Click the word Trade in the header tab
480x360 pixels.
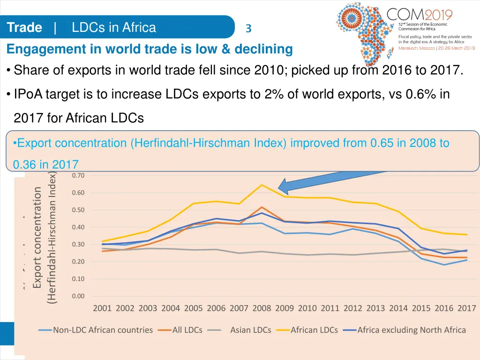25,28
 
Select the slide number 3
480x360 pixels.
248,29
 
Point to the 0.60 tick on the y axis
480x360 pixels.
78,193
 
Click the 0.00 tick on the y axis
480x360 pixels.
78,296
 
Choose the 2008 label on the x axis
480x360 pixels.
262,308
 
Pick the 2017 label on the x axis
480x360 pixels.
467,308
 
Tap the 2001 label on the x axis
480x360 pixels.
102,308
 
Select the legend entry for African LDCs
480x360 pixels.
314,330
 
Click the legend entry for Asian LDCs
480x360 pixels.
250,330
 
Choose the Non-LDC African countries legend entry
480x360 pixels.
103,330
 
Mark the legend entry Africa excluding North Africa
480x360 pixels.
411,330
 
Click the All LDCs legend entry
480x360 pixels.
187,330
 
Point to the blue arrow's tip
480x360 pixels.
279,188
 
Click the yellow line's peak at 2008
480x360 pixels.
262,185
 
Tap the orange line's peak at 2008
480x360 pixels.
262,207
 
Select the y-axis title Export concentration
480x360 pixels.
37,238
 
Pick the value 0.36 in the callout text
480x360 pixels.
23,165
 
